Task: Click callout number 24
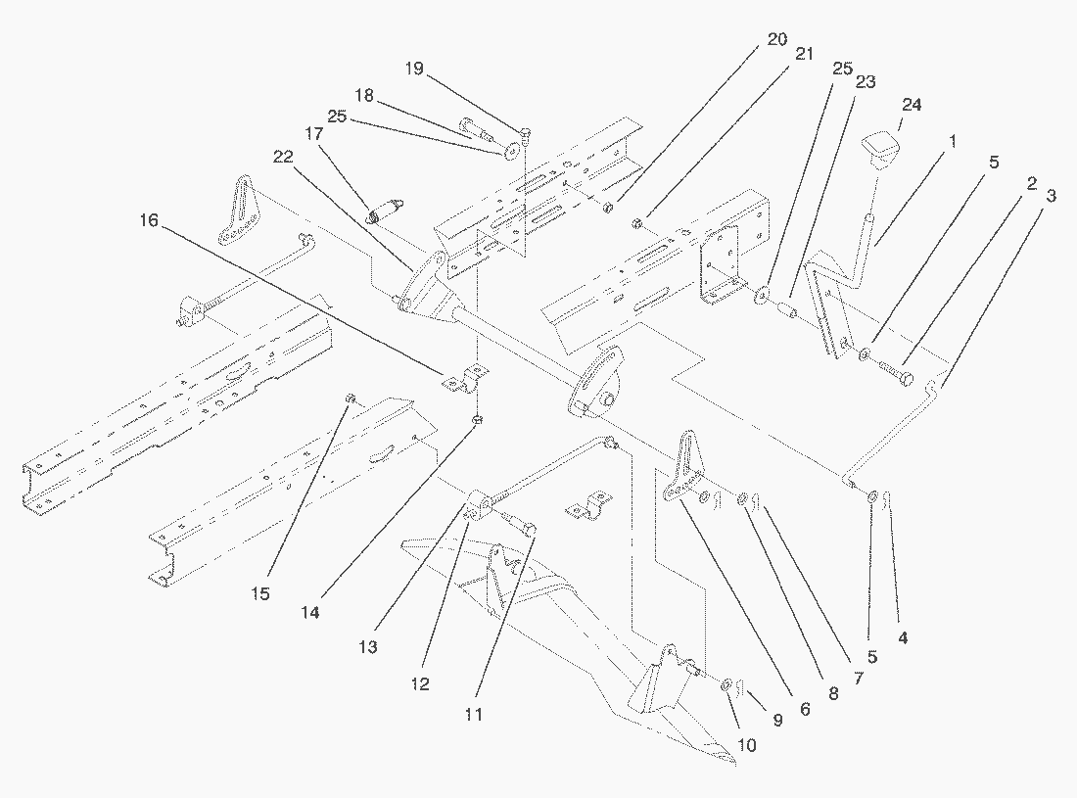[x=912, y=104]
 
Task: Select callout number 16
[x=148, y=221]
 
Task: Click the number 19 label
[x=414, y=68]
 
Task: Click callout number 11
[x=474, y=714]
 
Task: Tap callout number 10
[x=746, y=745]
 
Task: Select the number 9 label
[x=777, y=722]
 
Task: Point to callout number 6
[x=804, y=708]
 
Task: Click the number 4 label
[x=903, y=637]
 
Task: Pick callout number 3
[x=1051, y=195]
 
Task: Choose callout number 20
[x=776, y=40]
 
